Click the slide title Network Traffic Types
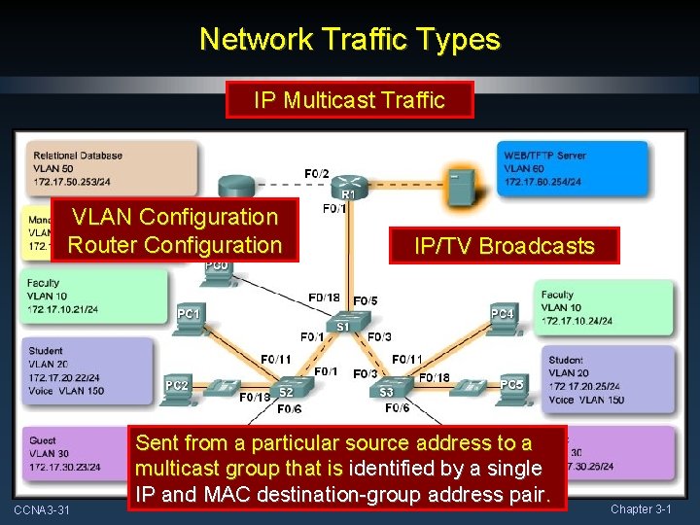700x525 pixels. [349, 39]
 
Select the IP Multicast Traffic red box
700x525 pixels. [349, 99]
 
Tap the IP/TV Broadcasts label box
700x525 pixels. [504, 246]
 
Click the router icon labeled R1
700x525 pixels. [347, 185]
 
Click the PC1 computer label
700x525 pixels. [189, 314]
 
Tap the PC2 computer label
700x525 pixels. [177, 386]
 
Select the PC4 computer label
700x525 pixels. [502, 313]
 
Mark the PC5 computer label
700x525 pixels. [511, 385]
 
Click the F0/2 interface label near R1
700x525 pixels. [316, 173]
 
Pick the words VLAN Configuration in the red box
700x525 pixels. [175, 217]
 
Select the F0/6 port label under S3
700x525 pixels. [397, 409]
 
